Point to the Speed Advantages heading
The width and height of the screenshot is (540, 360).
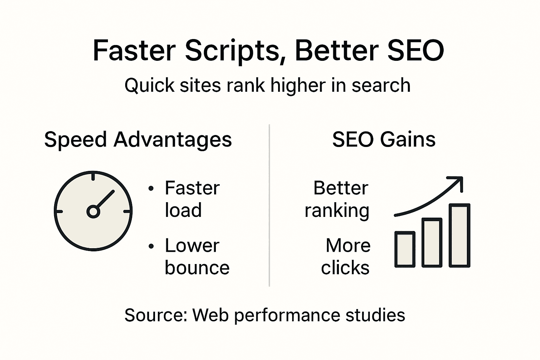pos(138,140)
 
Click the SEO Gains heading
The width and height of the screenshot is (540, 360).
pos(384,140)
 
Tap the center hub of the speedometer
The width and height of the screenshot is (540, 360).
pos(93,211)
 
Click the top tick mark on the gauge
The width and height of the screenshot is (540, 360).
pos(93,176)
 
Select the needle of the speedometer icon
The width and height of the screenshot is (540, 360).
pos(105,199)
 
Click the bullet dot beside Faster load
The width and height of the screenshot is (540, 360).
pos(151,189)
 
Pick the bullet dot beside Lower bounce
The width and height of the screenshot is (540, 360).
pos(151,246)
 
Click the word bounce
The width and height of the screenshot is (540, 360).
pos(197,268)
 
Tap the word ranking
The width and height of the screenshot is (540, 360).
pos(337,211)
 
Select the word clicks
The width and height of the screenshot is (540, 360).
pos(345,268)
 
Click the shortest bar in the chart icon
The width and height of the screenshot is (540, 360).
pos(405,249)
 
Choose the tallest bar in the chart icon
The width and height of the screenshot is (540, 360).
pos(459,235)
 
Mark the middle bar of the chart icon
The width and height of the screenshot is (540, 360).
pos(432,243)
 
